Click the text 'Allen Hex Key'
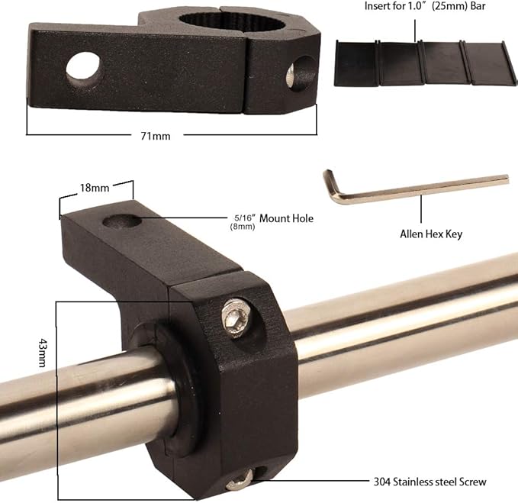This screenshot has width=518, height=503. click(x=431, y=234)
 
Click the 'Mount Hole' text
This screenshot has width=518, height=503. click(x=286, y=219)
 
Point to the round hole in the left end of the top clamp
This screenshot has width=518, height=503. click(x=82, y=67)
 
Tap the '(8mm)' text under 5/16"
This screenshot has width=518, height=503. click(x=242, y=227)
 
